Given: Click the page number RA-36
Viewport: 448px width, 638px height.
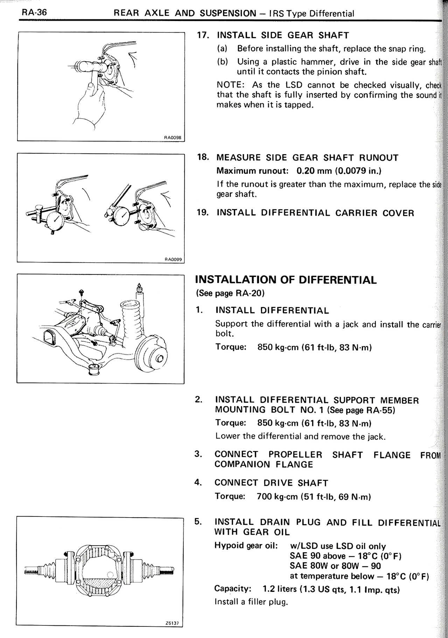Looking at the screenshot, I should pyautogui.click(x=34, y=13).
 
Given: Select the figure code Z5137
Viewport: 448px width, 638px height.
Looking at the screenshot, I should pyautogui.click(x=174, y=623).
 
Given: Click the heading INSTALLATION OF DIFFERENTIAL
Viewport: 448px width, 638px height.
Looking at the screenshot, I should pyautogui.click(x=286, y=280).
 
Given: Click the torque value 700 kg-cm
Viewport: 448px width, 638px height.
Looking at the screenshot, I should pyautogui.click(x=277, y=497).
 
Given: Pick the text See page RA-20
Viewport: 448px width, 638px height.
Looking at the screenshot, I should pyautogui.click(x=230, y=293).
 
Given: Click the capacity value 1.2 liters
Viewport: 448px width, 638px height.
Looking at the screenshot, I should pyautogui.click(x=279, y=590).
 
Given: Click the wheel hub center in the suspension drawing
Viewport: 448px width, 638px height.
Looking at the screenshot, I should pyautogui.click(x=160, y=358).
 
